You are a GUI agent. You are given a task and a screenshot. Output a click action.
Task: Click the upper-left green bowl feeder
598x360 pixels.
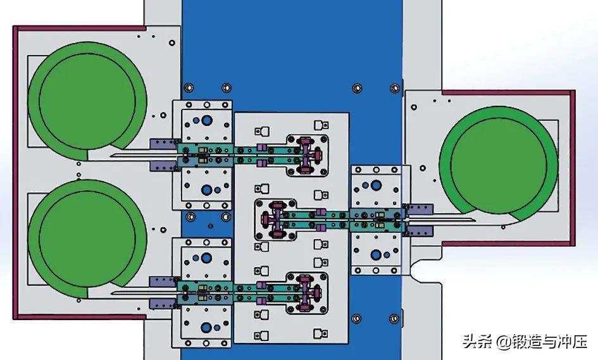coord(87,101)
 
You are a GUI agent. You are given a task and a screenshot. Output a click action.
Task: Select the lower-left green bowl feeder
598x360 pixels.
coord(87,239)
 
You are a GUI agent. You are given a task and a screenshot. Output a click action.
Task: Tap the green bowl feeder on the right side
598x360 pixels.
coord(499,165)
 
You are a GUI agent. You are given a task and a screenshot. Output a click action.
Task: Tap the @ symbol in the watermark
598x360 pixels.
coord(502,341)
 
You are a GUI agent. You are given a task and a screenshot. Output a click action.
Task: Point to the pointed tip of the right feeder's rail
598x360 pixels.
coord(475,220)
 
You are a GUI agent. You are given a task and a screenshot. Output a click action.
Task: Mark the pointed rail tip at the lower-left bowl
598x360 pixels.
coord(111,293)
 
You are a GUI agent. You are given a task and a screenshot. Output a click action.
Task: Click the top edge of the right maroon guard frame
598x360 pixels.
coord(508,92)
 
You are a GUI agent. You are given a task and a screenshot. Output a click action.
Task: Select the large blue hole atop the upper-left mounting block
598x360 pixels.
coord(207,120)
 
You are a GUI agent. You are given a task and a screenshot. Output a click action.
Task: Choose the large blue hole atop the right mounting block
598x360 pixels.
coord(376,185)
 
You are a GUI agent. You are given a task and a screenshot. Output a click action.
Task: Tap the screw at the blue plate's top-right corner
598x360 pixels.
coord(395,89)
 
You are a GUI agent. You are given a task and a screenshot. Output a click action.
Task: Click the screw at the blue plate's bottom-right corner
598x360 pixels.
coord(394,318)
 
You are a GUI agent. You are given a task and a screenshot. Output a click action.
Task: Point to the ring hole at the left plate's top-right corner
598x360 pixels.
coord(172,43)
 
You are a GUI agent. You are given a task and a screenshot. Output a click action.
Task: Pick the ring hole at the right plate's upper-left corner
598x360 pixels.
coord(413,107)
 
